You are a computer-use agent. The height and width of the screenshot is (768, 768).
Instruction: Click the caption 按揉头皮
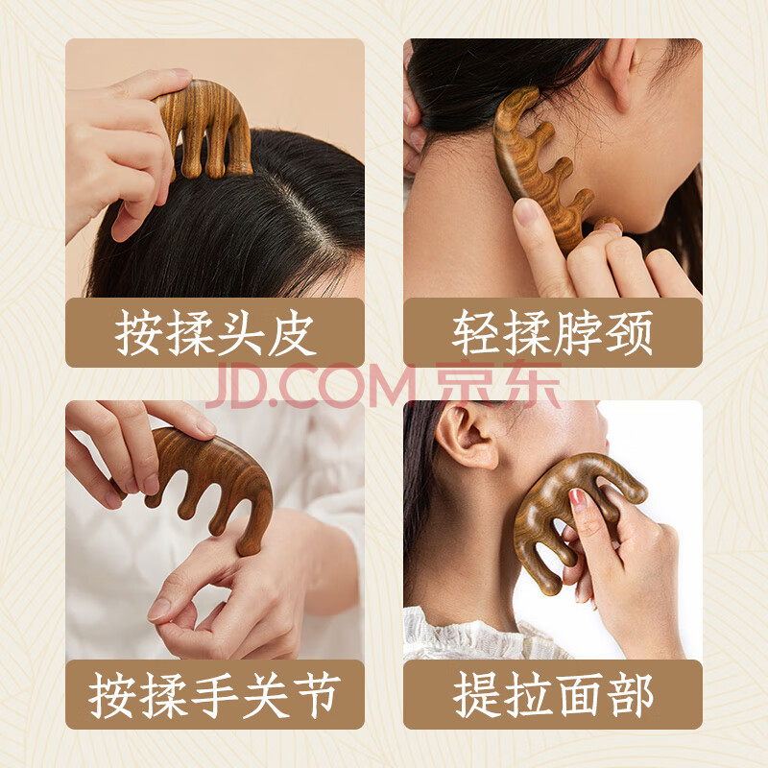tap(215, 333)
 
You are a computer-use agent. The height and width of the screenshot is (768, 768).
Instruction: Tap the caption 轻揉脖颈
tap(553, 333)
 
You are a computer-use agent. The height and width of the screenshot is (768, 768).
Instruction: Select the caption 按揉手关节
tap(215, 695)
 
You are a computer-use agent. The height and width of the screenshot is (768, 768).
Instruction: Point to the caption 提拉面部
tap(553, 695)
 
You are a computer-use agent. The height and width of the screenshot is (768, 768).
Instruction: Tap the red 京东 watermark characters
tap(497, 385)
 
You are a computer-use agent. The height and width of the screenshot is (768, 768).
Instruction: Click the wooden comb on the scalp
tap(205, 129)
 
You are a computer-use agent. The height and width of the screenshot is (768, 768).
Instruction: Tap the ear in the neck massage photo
tap(618, 68)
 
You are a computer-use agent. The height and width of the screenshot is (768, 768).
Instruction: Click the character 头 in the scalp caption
tap(241, 333)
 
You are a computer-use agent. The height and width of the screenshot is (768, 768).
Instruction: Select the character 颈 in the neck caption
tap(630, 333)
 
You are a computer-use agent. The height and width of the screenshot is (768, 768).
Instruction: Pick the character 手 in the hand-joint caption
tap(215, 695)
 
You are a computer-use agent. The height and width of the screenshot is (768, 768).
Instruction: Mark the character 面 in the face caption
tap(579, 695)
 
